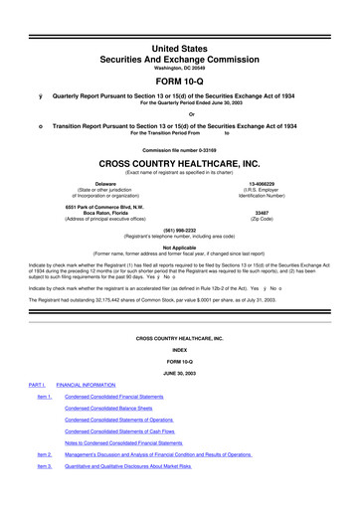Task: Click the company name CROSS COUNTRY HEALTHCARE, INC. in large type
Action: click(180, 164)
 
